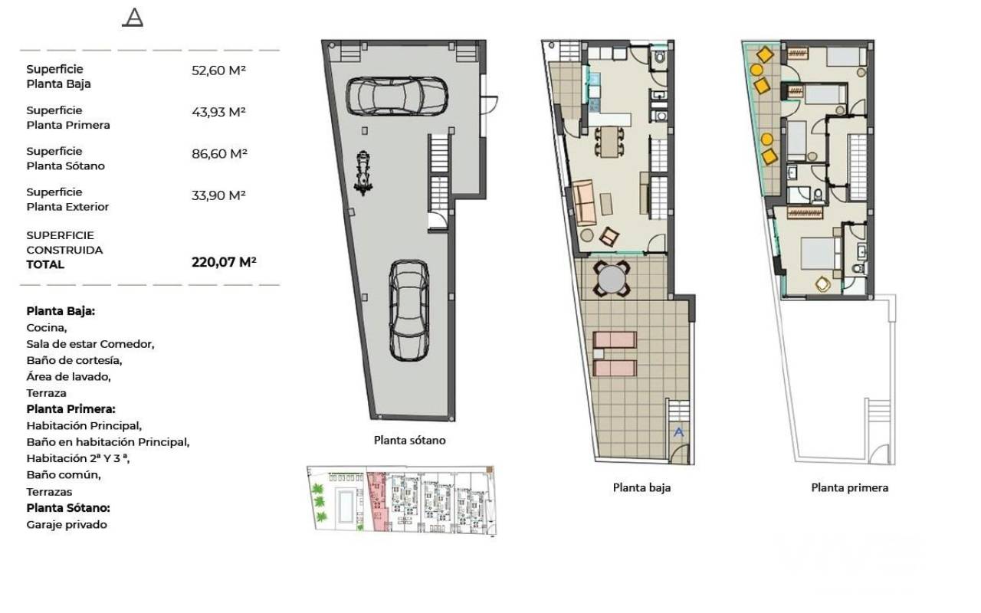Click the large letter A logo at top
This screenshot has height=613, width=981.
(133, 18)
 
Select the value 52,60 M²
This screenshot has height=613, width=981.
(218, 70)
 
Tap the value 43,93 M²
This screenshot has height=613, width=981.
(218, 112)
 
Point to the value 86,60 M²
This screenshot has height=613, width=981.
(219, 154)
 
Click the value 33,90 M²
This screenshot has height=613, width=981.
(218, 195)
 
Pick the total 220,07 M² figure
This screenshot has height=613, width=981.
(224, 262)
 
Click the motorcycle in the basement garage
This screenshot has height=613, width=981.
(363, 173)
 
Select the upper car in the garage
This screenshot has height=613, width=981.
(397, 96)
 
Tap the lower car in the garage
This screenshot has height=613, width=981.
(409, 310)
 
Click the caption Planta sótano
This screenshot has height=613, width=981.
(409, 440)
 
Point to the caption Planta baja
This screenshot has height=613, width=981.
(641, 487)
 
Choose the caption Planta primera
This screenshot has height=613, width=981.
(850, 487)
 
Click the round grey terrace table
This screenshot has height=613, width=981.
(612, 279)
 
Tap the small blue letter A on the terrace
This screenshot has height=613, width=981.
(678, 432)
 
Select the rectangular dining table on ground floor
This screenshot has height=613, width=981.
(609, 142)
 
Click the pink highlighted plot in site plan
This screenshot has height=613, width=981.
(378, 501)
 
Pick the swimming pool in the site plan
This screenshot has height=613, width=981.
(346, 506)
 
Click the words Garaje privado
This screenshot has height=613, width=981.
(67, 525)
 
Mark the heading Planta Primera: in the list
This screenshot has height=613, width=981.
(71, 409)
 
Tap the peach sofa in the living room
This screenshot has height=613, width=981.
(584, 202)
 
